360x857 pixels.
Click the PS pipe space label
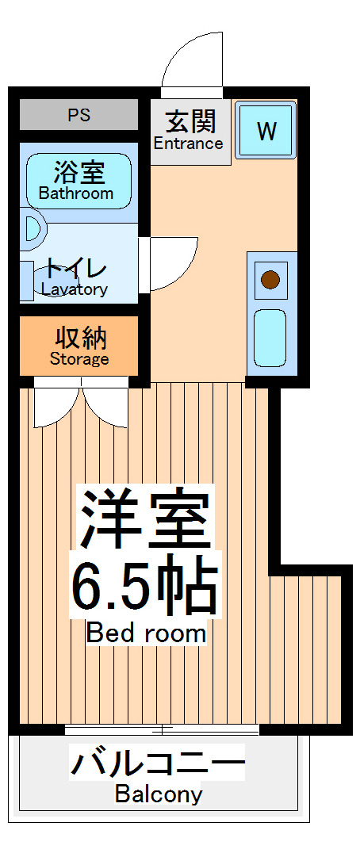pos(79,115)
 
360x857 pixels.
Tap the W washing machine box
pos(266,131)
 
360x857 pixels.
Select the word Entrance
pos(188,143)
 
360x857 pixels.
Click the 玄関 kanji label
pos(190,121)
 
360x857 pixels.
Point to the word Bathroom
pos(76,193)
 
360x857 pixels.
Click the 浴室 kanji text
pos(79,171)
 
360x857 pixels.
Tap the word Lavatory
pos(75,289)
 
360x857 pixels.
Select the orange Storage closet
pos(79,347)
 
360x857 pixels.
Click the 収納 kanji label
pos(80,338)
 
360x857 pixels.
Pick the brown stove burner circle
pos(271,279)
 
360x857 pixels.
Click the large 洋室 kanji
pos(144,519)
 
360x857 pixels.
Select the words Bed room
pos(146,633)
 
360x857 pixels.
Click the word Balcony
pos(159,794)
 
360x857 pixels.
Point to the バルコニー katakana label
pos(158,765)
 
